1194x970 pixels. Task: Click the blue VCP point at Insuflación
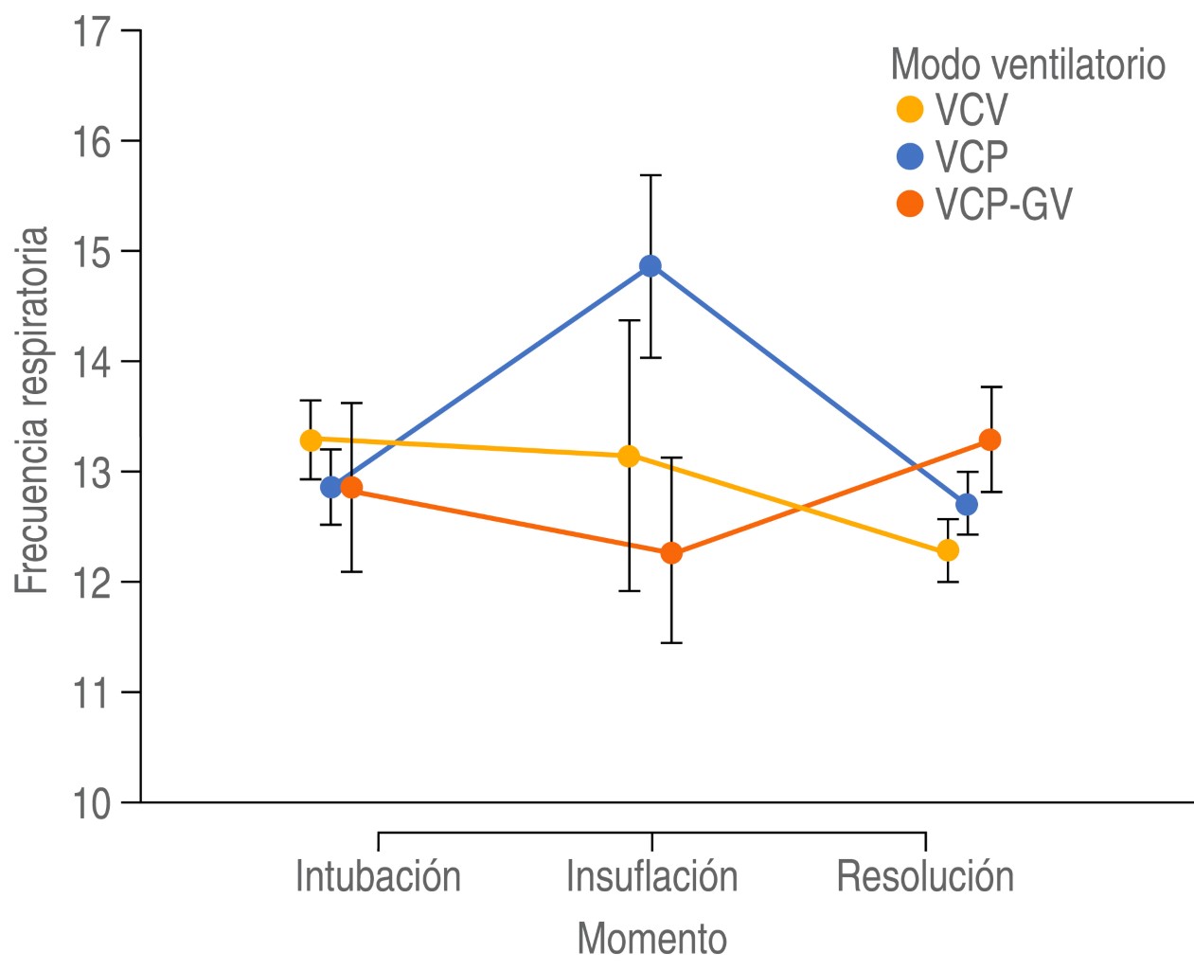click(650, 266)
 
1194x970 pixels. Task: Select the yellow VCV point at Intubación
click(311, 440)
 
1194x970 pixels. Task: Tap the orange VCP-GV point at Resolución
click(990, 440)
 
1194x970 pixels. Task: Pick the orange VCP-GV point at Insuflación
click(671, 553)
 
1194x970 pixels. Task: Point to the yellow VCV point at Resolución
click(948, 550)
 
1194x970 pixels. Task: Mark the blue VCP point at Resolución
click(967, 504)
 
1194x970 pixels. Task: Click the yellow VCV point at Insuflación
click(629, 457)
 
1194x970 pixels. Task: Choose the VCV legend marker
click(910, 110)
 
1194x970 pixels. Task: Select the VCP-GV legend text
click(1004, 205)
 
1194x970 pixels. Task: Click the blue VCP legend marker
click(910, 156)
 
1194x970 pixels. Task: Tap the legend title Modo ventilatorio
click(1027, 64)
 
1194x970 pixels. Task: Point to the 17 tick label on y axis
click(92, 31)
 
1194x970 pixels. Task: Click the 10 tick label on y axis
click(92, 803)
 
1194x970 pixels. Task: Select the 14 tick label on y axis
click(92, 362)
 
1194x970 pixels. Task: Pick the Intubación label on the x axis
click(378, 877)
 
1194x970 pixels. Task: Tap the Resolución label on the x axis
click(925, 877)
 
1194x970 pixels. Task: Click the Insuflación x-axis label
click(651, 877)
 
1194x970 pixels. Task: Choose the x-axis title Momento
click(651, 939)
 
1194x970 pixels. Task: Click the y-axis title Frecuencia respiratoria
click(32, 410)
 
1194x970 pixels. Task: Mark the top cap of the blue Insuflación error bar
click(650, 175)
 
